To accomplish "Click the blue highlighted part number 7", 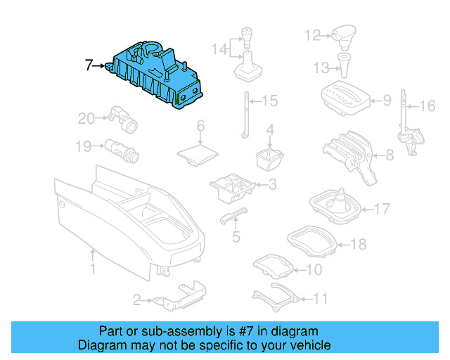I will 155,74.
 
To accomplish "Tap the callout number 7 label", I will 89,67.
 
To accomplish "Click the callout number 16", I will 427,106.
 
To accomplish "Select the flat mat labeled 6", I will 198,153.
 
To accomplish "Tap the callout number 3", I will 271,185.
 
